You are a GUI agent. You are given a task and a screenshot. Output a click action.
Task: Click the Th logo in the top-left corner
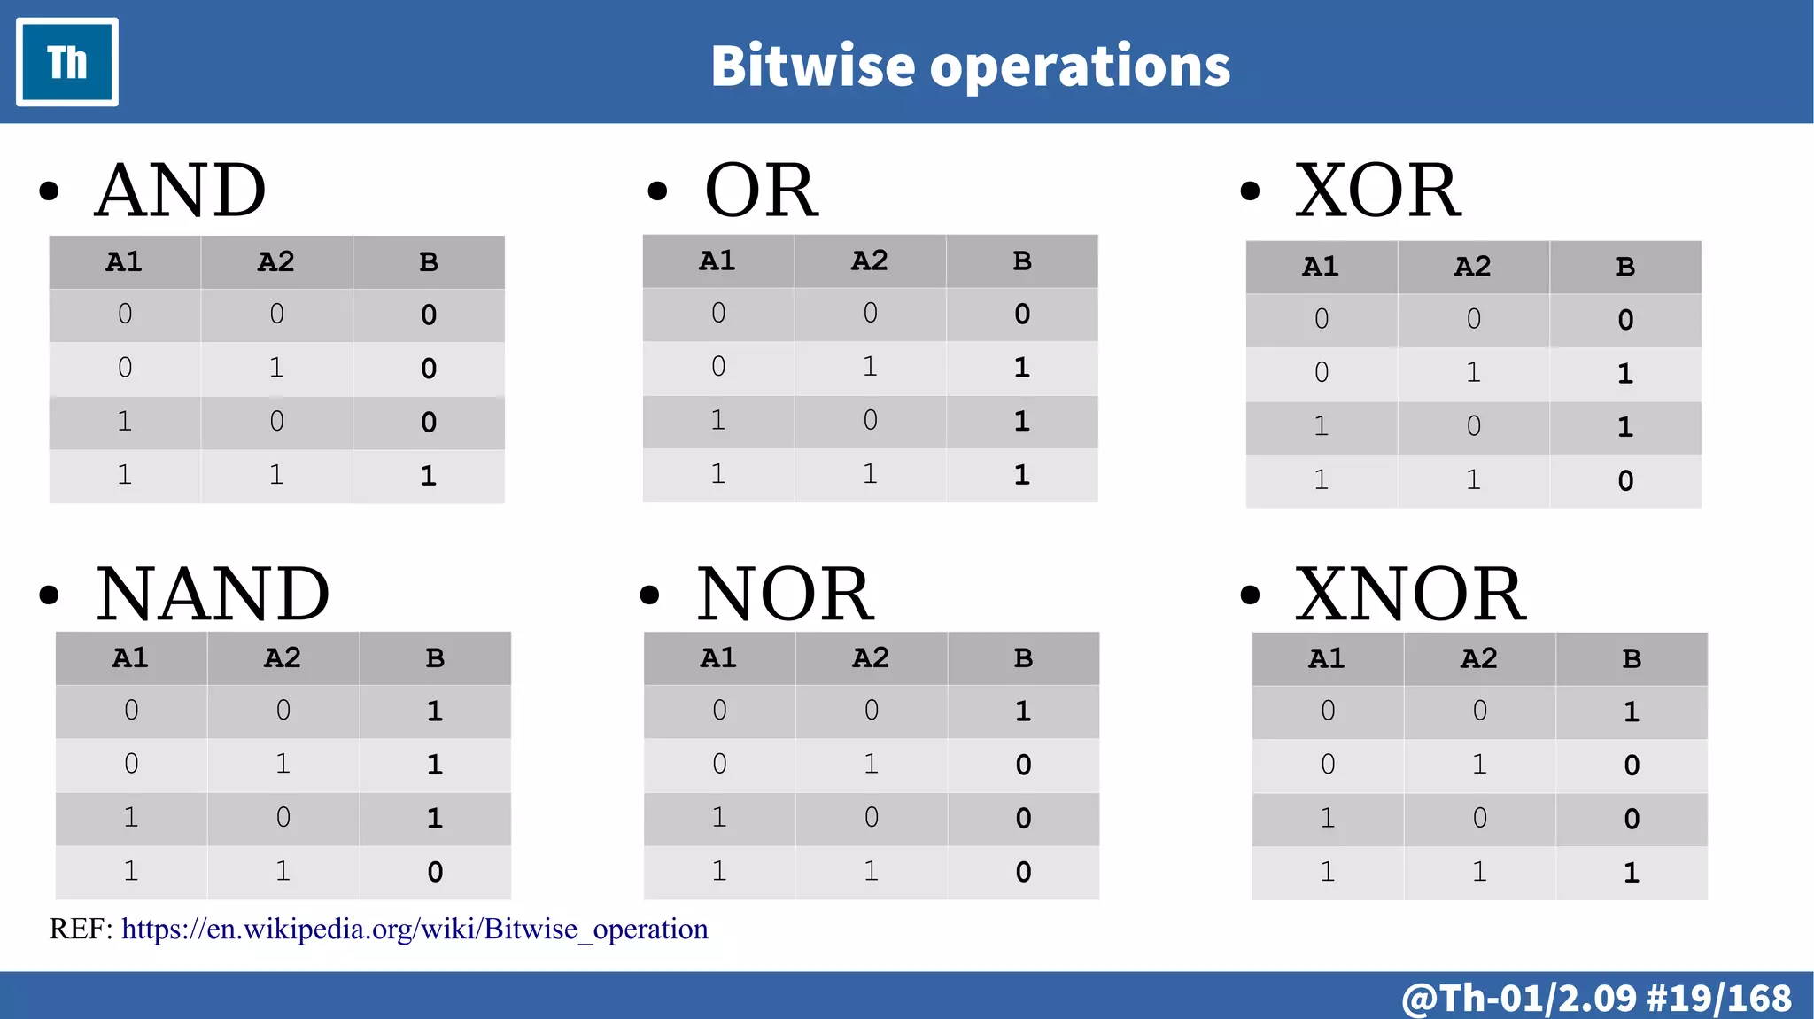(x=67, y=62)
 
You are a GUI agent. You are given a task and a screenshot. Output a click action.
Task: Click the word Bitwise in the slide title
(x=812, y=66)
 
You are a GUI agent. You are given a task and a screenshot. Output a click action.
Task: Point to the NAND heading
(x=213, y=594)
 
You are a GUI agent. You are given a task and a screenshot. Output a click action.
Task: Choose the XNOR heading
(x=1410, y=594)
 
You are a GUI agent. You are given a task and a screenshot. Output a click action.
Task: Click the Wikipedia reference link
(x=415, y=929)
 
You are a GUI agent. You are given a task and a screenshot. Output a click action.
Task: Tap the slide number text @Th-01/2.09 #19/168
(x=1596, y=998)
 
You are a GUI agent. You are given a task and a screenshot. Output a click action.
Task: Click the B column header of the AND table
(x=429, y=262)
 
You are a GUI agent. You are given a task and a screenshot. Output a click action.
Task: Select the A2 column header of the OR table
(x=870, y=261)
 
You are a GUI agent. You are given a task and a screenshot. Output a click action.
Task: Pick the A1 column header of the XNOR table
(x=1327, y=658)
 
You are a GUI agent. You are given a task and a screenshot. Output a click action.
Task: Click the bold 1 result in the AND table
(x=429, y=476)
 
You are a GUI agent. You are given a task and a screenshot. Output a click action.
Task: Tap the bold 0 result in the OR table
(x=1022, y=314)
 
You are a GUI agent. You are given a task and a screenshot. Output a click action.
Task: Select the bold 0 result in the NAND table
(x=435, y=872)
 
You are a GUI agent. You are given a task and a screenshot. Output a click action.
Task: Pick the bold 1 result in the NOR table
(x=1023, y=711)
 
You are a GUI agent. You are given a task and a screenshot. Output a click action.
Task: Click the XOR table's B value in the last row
(x=1625, y=480)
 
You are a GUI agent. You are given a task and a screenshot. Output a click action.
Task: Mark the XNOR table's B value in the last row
(x=1632, y=873)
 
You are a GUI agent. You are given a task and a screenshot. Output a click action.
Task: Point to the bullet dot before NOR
(x=650, y=595)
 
